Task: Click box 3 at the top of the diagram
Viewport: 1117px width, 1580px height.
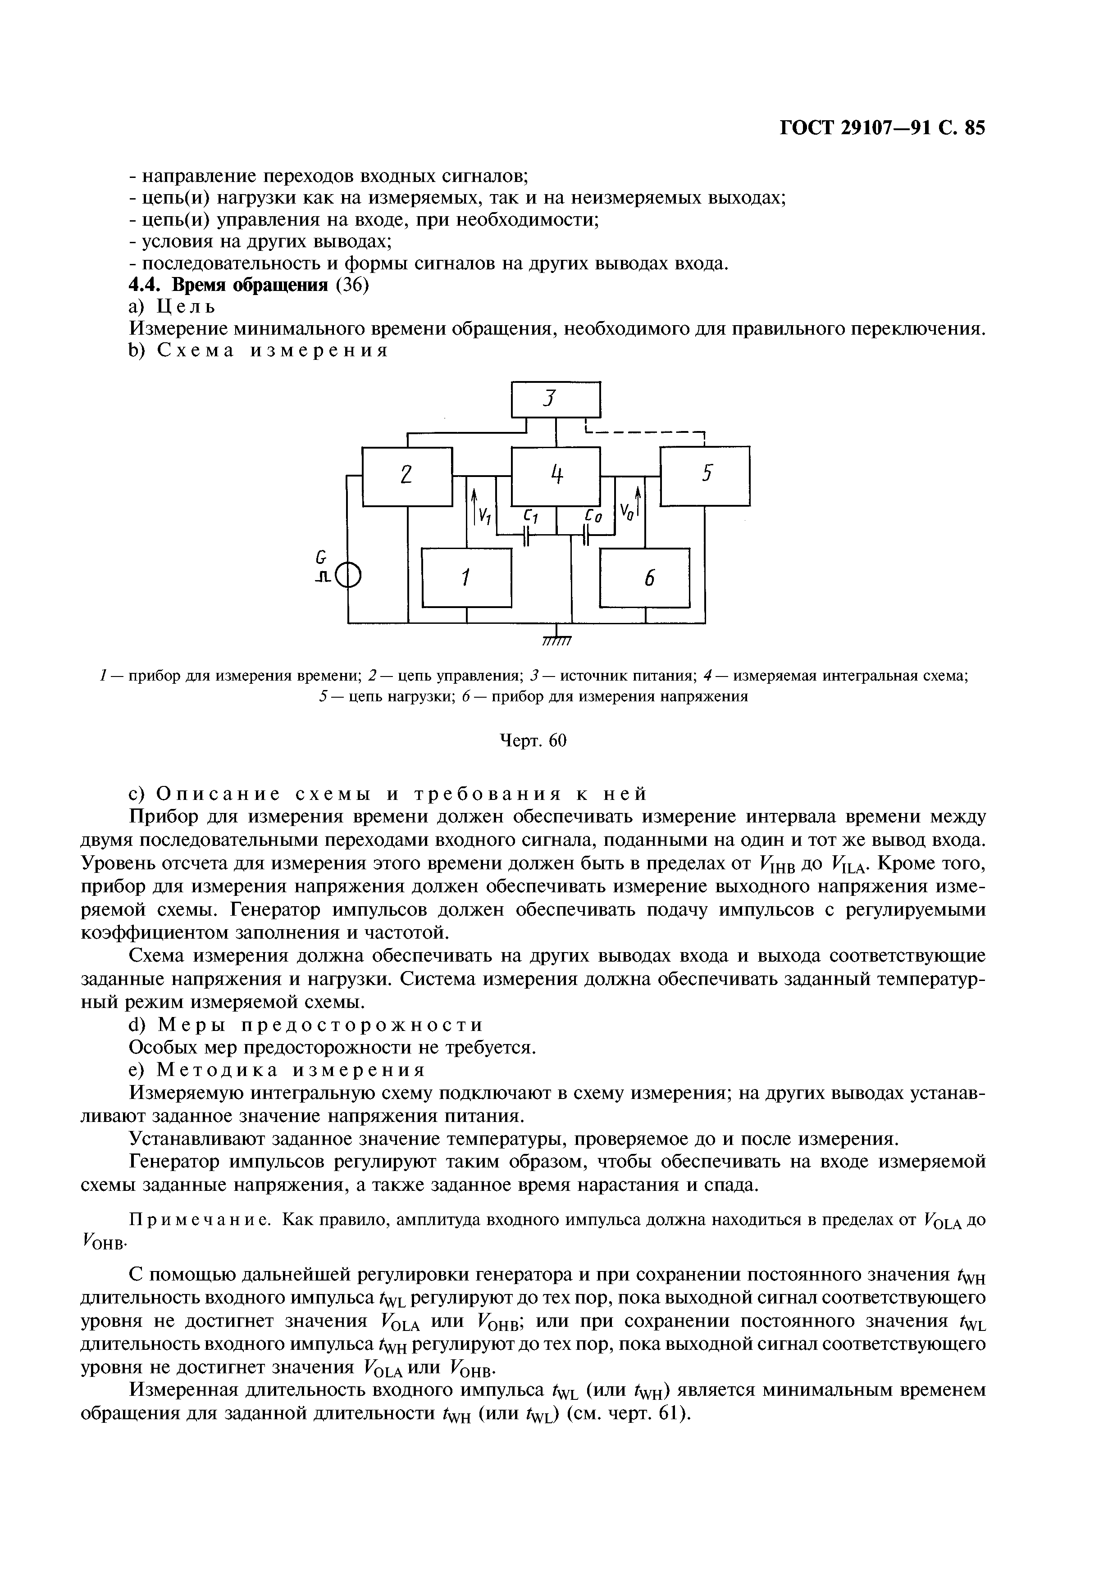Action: tap(556, 399)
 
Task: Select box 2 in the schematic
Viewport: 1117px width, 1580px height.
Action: tap(407, 476)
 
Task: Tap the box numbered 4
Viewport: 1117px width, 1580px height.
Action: tap(556, 476)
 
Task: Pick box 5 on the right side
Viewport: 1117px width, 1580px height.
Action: tap(705, 476)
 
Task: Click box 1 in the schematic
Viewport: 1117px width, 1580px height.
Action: tap(467, 578)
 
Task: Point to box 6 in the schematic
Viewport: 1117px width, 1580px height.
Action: tap(645, 578)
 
